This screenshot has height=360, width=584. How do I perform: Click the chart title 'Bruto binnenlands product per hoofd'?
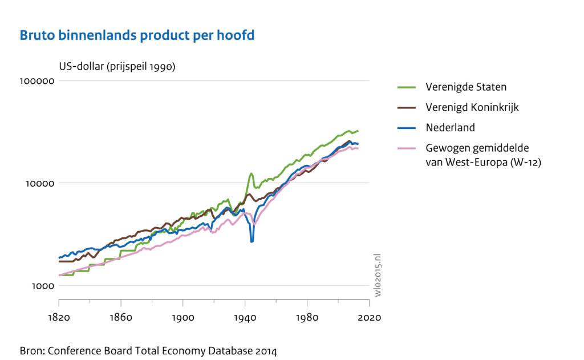[137, 35]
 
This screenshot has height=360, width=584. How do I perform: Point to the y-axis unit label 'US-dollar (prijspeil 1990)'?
[117, 66]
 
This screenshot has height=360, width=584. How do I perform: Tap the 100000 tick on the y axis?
[37, 81]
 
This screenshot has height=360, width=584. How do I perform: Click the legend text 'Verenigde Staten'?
[466, 87]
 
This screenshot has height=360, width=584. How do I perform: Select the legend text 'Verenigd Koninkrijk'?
[472, 107]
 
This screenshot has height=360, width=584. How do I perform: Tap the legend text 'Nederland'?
[450, 127]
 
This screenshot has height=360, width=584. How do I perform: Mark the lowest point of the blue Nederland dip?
[252, 242]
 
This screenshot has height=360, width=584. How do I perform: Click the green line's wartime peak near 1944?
[251, 173]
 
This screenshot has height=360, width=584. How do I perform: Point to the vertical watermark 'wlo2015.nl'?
[378, 274]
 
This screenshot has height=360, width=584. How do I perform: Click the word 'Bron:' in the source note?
[32, 350]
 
